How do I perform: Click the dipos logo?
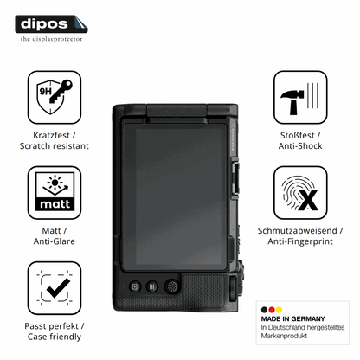click(x=51, y=24)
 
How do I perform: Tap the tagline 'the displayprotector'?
click(x=51, y=39)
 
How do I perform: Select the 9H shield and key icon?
click(x=55, y=97)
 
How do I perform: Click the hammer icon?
click(x=300, y=97)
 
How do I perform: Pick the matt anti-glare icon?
click(x=55, y=192)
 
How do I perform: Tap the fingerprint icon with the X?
click(x=300, y=192)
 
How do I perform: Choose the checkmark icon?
click(x=55, y=288)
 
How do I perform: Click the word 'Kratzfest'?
click(x=51, y=135)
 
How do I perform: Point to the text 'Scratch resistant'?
click(x=55, y=145)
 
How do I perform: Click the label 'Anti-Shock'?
click(x=300, y=145)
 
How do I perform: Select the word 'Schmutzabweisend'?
click(x=297, y=230)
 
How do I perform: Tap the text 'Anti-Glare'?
click(x=55, y=241)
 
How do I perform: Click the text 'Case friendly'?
click(x=55, y=337)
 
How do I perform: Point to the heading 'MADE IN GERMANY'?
click(x=292, y=318)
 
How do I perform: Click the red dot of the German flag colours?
click(x=272, y=310)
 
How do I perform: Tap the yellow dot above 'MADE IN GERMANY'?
click(x=279, y=310)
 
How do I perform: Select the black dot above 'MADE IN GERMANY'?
click(x=264, y=310)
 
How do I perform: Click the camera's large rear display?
click(x=175, y=196)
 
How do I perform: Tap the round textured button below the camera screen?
click(x=172, y=286)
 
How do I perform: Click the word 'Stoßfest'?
click(x=298, y=135)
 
